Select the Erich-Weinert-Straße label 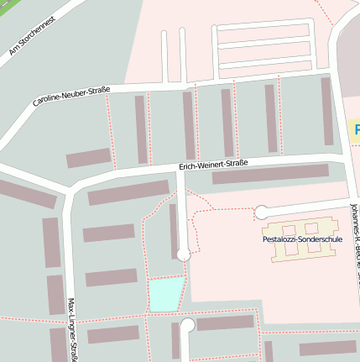tap(213, 165)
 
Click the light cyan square tap(166, 294)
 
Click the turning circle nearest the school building tap(262, 212)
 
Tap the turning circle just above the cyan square tap(183, 254)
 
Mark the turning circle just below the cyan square tap(187, 325)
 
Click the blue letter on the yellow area tap(356, 130)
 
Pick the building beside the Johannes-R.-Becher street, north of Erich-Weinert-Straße tap(326, 111)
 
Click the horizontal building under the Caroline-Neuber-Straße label tap(89, 158)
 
